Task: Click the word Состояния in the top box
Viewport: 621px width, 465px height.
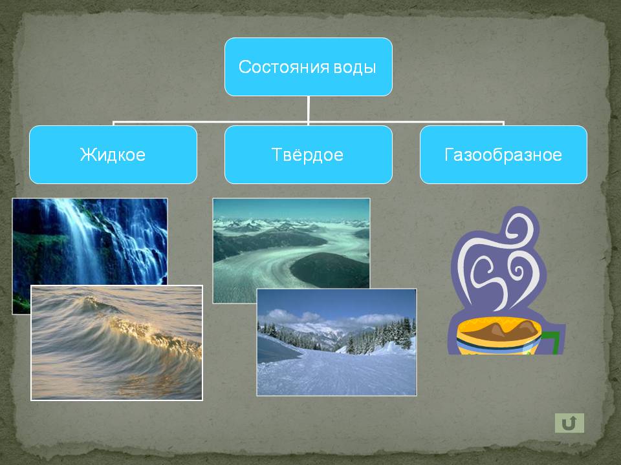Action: click(x=283, y=67)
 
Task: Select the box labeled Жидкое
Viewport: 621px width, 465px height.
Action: click(x=113, y=154)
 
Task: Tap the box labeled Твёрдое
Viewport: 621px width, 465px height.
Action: click(x=308, y=154)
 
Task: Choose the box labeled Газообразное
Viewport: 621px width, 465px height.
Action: click(x=503, y=154)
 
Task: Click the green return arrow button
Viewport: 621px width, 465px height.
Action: click(x=569, y=423)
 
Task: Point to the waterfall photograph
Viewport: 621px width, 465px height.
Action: click(x=89, y=241)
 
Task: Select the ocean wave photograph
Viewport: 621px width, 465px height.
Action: click(x=116, y=342)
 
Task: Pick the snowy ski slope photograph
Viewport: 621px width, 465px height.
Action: click(x=336, y=342)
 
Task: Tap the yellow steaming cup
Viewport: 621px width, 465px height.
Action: click(x=498, y=336)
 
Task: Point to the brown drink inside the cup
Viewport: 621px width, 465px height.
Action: click(x=499, y=330)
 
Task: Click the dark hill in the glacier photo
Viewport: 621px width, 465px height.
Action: click(x=329, y=270)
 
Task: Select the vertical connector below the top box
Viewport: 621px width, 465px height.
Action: click(x=308, y=110)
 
